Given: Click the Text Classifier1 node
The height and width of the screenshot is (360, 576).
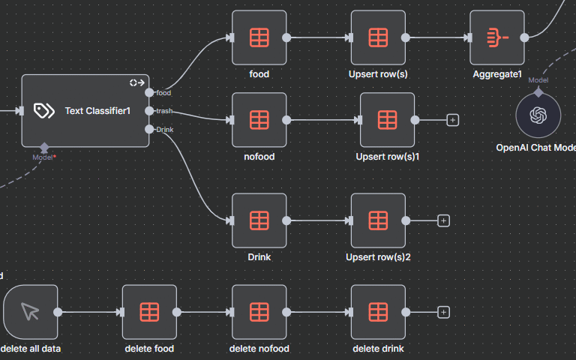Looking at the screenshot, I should [85, 111].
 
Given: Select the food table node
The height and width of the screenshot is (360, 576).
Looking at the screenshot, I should [259, 37].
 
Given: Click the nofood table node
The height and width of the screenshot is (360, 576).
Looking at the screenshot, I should [259, 120].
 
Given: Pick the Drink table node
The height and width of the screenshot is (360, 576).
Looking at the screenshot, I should [259, 220].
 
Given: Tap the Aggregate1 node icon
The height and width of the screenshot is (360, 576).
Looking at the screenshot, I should [497, 37].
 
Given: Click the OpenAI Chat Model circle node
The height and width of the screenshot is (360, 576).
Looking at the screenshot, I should [538, 115].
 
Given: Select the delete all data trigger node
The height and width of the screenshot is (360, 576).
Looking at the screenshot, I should [30, 312].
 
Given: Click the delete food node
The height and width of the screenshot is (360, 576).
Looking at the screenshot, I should [149, 312].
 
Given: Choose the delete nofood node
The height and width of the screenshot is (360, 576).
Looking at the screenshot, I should [259, 312].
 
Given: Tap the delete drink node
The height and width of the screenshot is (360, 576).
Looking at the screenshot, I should [378, 312].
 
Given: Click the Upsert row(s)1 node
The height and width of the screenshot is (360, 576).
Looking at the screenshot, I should [387, 120].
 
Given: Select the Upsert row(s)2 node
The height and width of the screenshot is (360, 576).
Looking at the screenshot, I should [378, 220].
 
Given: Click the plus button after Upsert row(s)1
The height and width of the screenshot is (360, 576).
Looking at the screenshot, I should [452, 120].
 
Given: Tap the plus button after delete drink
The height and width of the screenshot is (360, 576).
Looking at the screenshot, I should [443, 312].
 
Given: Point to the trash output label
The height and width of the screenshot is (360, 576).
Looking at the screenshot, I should [164, 111].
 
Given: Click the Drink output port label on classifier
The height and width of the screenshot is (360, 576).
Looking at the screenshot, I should [165, 130].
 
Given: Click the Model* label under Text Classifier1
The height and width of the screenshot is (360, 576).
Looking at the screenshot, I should [44, 157].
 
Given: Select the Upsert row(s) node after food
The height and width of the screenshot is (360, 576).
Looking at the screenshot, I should [378, 37].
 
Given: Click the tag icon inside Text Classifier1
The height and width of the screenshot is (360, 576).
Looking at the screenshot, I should [44, 111].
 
